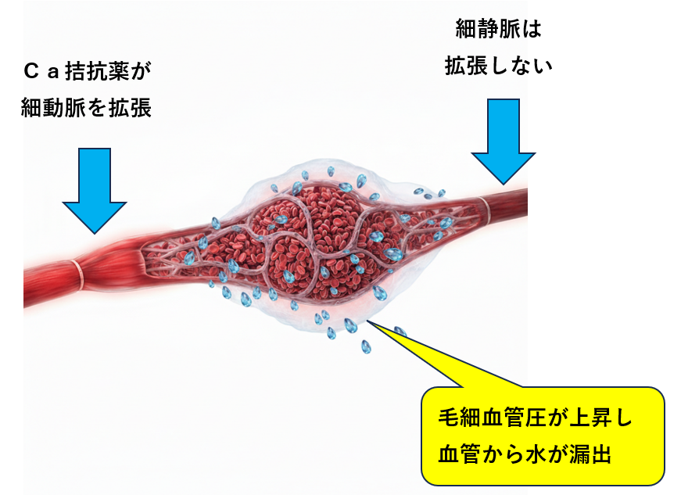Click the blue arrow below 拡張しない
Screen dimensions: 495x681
[504, 137]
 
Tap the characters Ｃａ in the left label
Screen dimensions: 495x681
[40, 73]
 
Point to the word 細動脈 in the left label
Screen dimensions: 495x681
[52, 108]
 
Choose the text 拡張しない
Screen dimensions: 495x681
[498, 66]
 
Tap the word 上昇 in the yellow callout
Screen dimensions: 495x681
[591, 417]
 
